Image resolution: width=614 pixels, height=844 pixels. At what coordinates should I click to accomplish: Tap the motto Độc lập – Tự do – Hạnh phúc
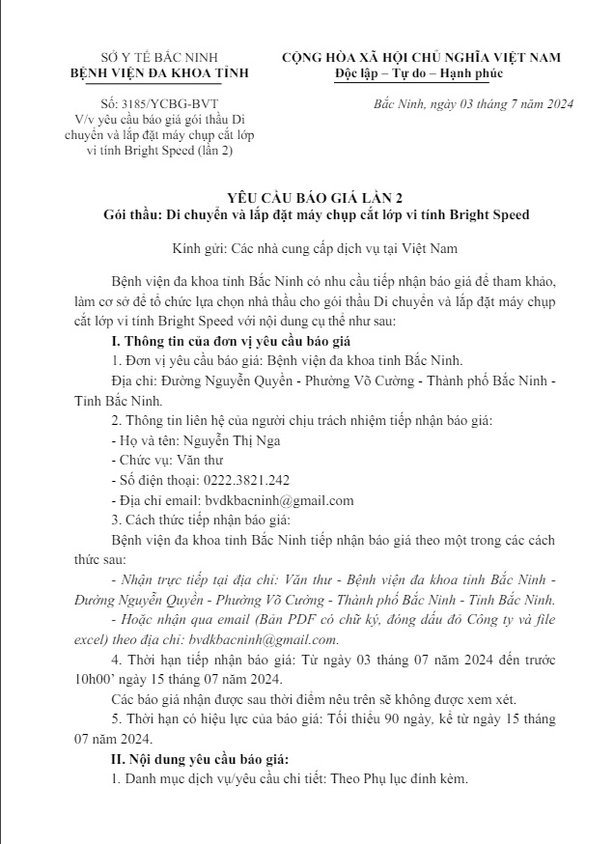pyautogui.click(x=419, y=73)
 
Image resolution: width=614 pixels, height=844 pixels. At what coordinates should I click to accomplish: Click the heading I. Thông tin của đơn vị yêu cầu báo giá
pyautogui.click(x=231, y=342)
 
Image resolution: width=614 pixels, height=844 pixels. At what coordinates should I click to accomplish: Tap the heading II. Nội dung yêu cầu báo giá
pyautogui.click(x=200, y=759)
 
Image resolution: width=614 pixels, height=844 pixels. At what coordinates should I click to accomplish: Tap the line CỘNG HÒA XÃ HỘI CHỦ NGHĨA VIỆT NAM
pyautogui.click(x=420, y=58)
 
